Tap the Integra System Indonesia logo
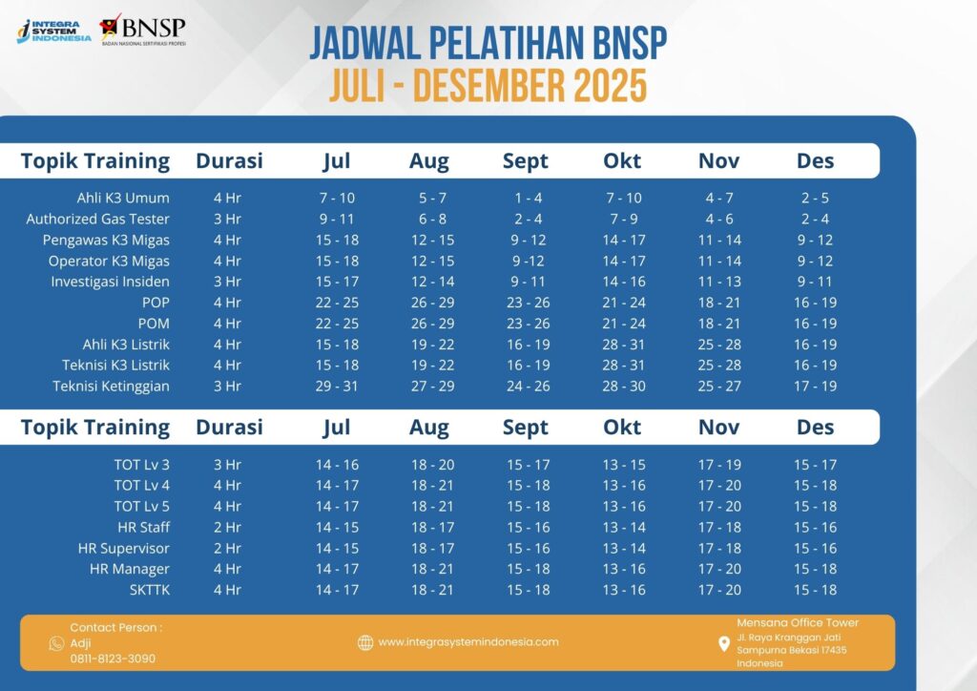tap(54, 31)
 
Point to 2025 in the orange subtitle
tap(610, 86)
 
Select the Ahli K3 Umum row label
tap(123, 199)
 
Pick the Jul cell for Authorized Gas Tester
tap(336, 220)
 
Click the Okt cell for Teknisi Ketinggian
tap(623, 387)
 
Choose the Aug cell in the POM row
tap(432, 324)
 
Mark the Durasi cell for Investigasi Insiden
tap(227, 282)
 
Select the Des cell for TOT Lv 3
tap(816, 465)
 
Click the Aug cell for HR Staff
tap(432, 528)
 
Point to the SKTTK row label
tap(149, 590)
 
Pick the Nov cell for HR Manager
tap(719, 570)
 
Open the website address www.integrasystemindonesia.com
tap(468, 642)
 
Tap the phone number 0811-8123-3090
tap(113, 659)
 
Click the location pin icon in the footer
tap(723, 644)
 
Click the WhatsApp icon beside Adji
tap(56, 643)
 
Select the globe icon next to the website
tap(365, 642)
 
